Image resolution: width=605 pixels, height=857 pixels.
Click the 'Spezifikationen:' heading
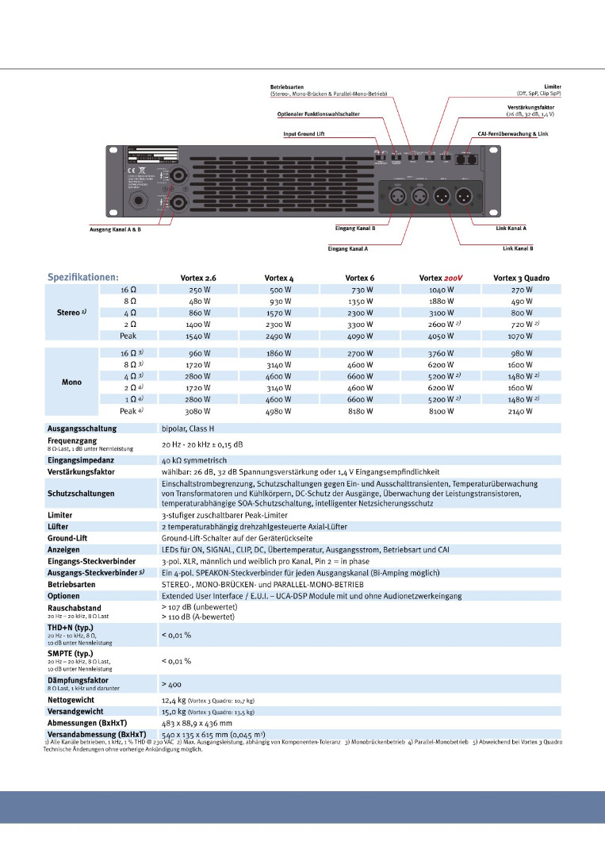point(83,278)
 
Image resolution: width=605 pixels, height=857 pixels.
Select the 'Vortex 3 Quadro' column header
point(521,278)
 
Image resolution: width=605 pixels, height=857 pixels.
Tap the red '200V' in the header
point(452,278)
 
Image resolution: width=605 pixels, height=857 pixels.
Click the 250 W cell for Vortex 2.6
point(199,290)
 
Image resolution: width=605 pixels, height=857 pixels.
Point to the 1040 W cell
point(440,290)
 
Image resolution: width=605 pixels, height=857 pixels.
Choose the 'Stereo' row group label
point(72,313)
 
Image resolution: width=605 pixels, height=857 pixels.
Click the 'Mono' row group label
point(71,382)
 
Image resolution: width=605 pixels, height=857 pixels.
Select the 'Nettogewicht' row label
point(71,701)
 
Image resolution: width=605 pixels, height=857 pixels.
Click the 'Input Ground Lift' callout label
point(305,134)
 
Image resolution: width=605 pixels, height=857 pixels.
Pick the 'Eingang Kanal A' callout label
point(353,248)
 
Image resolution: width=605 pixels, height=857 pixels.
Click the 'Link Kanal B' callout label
point(518,248)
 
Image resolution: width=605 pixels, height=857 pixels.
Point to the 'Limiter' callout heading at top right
point(553,86)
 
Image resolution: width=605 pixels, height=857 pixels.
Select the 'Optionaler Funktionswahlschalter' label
point(312,113)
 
